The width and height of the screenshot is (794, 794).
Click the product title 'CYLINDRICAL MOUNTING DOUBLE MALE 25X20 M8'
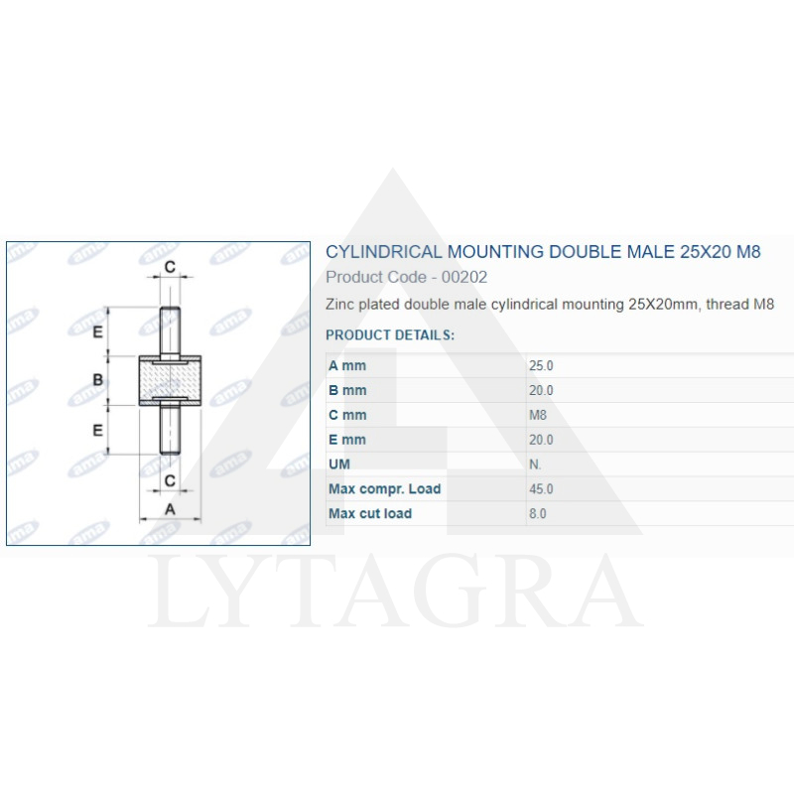click(x=543, y=252)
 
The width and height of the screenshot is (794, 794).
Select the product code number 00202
click(x=464, y=277)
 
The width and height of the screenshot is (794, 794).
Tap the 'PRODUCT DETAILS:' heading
click(x=390, y=335)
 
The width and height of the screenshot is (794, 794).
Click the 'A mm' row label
click(x=347, y=366)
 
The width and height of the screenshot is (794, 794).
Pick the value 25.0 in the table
click(x=542, y=366)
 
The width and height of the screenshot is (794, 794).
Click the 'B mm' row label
click(x=347, y=391)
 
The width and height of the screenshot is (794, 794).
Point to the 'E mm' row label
click(x=347, y=440)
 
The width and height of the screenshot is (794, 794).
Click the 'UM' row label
click(x=339, y=464)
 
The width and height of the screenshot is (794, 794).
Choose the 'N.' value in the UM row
click(x=536, y=464)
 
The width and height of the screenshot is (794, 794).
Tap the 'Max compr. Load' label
click(x=384, y=489)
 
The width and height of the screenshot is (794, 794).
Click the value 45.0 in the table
click(x=542, y=489)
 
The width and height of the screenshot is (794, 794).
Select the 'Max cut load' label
click(x=370, y=514)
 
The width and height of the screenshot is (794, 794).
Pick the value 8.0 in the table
click(x=538, y=514)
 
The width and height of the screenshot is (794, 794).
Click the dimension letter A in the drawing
click(x=169, y=509)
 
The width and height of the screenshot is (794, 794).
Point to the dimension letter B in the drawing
click(x=98, y=380)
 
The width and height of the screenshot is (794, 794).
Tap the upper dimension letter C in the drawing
click(x=170, y=267)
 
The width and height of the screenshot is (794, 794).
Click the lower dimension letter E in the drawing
click(x=98, y=430)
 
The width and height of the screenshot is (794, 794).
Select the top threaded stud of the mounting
click(x=170, y=333)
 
